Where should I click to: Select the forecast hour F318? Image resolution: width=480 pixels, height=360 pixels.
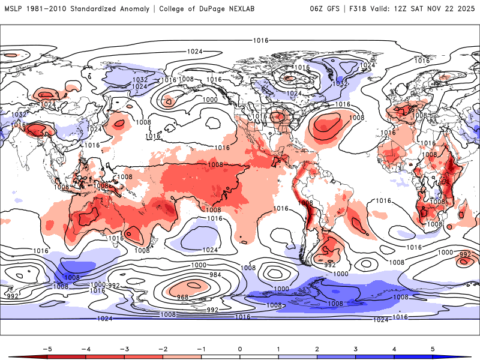pos(361,8)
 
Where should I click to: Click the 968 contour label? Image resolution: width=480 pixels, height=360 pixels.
pos(182,297)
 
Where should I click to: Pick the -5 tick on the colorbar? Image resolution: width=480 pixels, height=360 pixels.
pos(46,348)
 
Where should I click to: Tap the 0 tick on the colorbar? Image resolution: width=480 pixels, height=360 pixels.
pos(240,348)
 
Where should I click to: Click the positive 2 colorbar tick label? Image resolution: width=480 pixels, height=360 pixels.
pos(317,348)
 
